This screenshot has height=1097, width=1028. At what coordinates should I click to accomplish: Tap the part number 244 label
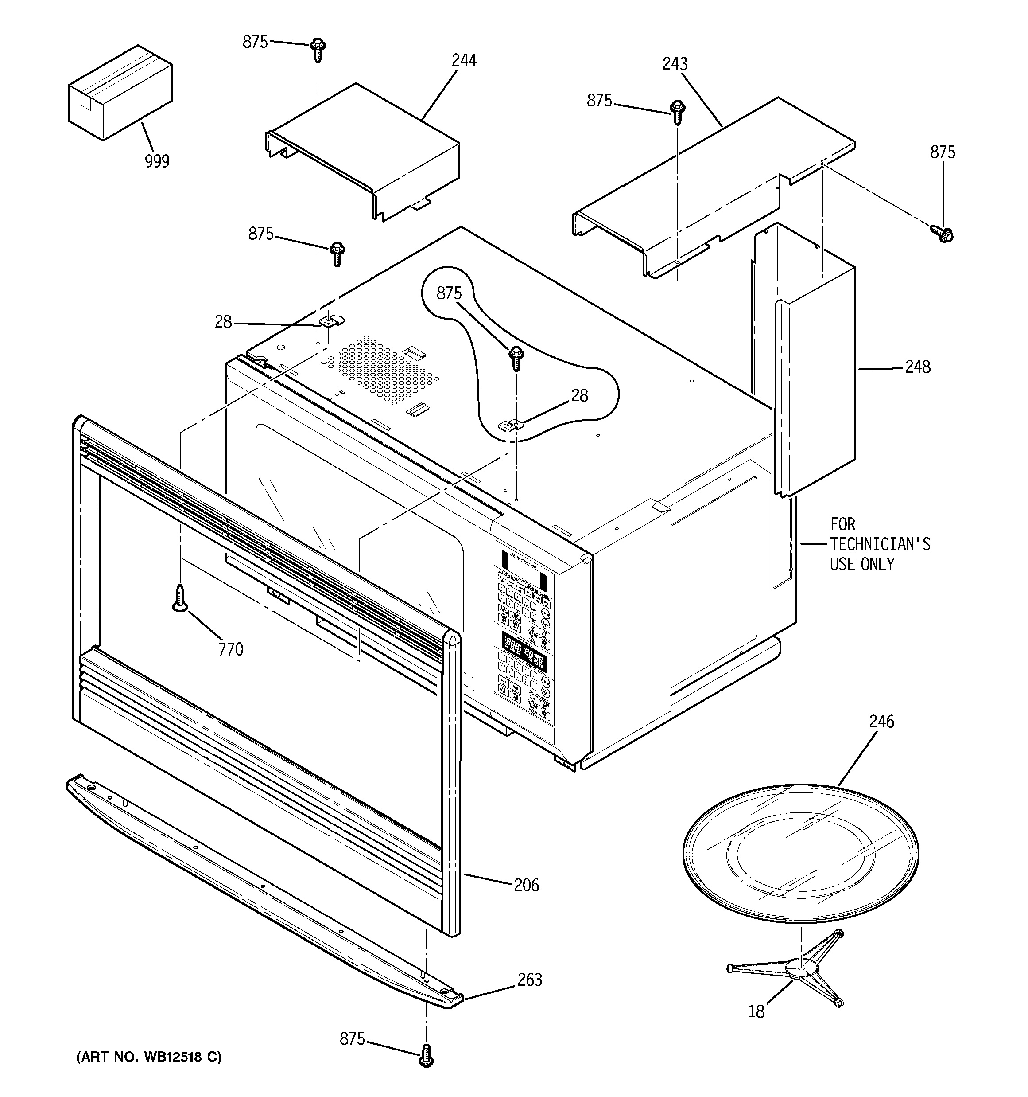[464, 60]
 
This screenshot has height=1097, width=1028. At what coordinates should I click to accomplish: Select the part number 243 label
[675, 64]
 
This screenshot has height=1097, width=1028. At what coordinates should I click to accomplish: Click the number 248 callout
[917, 367]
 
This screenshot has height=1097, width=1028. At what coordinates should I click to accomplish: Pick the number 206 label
[526, 885]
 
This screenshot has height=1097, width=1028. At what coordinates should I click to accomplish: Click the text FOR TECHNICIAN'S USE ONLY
[880, 544]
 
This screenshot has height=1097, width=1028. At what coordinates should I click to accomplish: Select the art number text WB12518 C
[149, 1057]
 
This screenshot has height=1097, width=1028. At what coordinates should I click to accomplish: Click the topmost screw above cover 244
[318, 49]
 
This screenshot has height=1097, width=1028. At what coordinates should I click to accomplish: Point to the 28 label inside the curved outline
[579, 395]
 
